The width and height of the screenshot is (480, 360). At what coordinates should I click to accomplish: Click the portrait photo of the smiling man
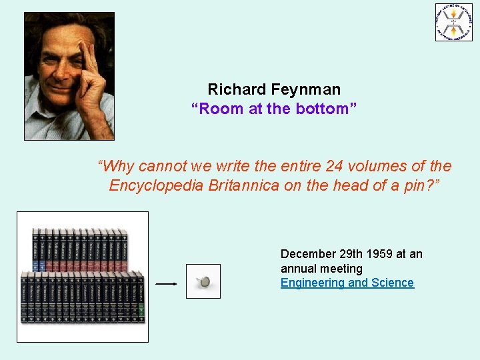point(69,76)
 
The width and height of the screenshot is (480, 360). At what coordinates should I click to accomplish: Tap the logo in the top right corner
point(454,23)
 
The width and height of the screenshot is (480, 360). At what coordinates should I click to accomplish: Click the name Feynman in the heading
point(308,89)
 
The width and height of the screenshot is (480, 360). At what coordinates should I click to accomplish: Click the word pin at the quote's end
point(420,185)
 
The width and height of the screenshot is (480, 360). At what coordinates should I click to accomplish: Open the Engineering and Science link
point(347,283)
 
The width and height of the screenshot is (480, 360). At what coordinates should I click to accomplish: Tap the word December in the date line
point(309,254)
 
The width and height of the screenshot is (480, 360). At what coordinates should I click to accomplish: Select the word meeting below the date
point(340,269)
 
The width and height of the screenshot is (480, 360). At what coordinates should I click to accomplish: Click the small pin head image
point(203,281)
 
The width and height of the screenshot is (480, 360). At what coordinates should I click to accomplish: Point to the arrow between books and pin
point(166,283)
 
